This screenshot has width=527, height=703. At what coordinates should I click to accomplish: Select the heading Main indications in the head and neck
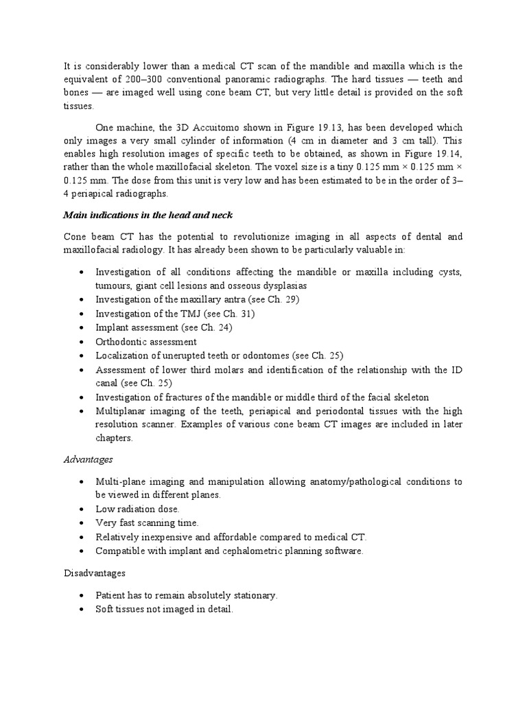pos(148,215)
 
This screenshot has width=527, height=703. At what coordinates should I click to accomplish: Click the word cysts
pos(448,272)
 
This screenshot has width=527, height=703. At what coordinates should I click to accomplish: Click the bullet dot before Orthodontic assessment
pos(82,342)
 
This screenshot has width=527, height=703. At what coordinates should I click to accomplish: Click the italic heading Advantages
pos(88,459)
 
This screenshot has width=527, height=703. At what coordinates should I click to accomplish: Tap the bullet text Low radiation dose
pos(137,509)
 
